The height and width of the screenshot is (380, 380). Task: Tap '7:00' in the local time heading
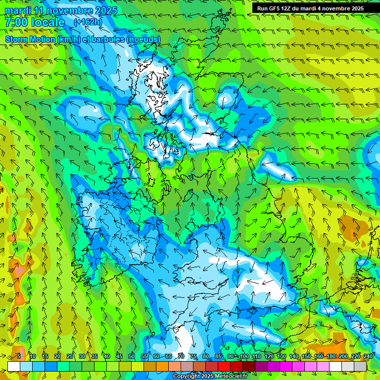[17, 22]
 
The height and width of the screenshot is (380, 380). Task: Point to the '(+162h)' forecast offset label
[89, 22]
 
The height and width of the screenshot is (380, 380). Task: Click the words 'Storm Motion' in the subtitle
[30, 39]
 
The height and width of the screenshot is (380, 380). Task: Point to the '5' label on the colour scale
[19, 357]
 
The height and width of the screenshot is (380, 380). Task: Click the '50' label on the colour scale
[131, 357]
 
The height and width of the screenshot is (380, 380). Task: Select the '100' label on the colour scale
[244, 357]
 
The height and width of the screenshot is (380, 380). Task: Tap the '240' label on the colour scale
[368, 357]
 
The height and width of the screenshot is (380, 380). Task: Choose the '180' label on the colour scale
[331, 357]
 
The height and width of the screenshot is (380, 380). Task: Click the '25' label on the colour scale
[69, 357]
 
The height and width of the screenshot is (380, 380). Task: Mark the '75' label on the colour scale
[193, 357]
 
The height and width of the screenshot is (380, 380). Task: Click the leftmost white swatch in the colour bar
[14, 367]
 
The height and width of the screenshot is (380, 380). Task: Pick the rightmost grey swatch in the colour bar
[360, 367]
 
